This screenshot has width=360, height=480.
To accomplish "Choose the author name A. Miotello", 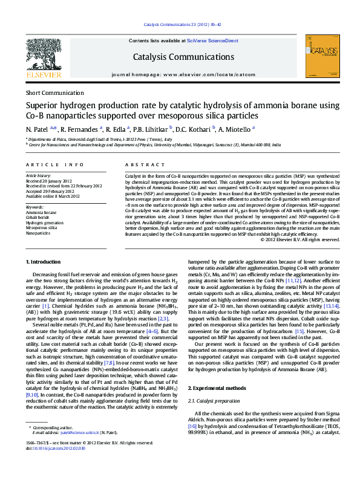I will click(x=235, y=129).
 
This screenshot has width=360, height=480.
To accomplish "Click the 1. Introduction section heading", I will click(x=44, y=261).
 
